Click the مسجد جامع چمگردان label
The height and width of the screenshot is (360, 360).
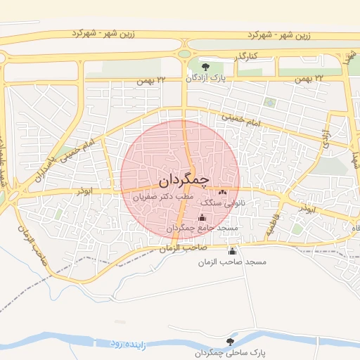(x=202, y=229)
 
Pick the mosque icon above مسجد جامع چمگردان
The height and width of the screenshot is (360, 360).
(x=202, y=217)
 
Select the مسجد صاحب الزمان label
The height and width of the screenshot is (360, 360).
(x=233, y=262)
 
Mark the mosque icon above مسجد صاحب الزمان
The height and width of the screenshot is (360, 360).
(x=233, y=251)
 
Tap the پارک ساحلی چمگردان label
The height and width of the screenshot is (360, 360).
(x=226, y=352)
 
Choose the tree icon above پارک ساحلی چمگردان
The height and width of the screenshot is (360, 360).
(x=226, y=340)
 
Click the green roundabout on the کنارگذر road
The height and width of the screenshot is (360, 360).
(x=184, y=53)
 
